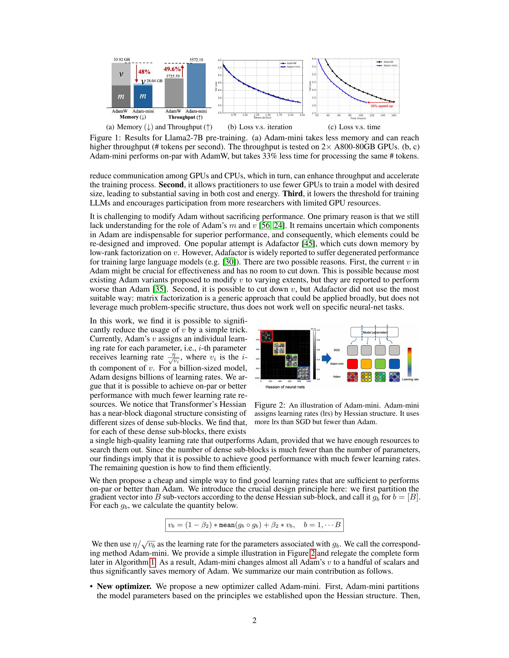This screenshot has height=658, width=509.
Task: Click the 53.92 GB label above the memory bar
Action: [122, 60]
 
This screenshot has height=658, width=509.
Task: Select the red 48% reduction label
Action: [144, 72]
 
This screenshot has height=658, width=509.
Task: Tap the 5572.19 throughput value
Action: [196, 60]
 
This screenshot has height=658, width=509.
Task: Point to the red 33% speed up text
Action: [382, 106]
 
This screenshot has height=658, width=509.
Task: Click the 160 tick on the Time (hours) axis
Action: [393, 115]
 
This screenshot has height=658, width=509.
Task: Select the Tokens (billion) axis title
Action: [262, 118]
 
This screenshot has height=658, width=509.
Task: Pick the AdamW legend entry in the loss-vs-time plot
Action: [387, 62]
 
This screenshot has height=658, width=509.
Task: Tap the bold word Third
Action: [292, 194]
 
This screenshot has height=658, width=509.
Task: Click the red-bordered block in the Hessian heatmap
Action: [266, 336]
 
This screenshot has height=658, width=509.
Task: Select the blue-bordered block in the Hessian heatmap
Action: [303, 373]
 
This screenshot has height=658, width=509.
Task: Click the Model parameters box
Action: [374, 332]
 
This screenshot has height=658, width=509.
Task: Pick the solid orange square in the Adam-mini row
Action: [366, 364]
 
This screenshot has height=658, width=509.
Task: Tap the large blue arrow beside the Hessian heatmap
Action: [326, 358]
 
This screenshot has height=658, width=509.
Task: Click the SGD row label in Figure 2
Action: [337, 350]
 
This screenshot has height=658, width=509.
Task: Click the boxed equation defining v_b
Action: [254, 525]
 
